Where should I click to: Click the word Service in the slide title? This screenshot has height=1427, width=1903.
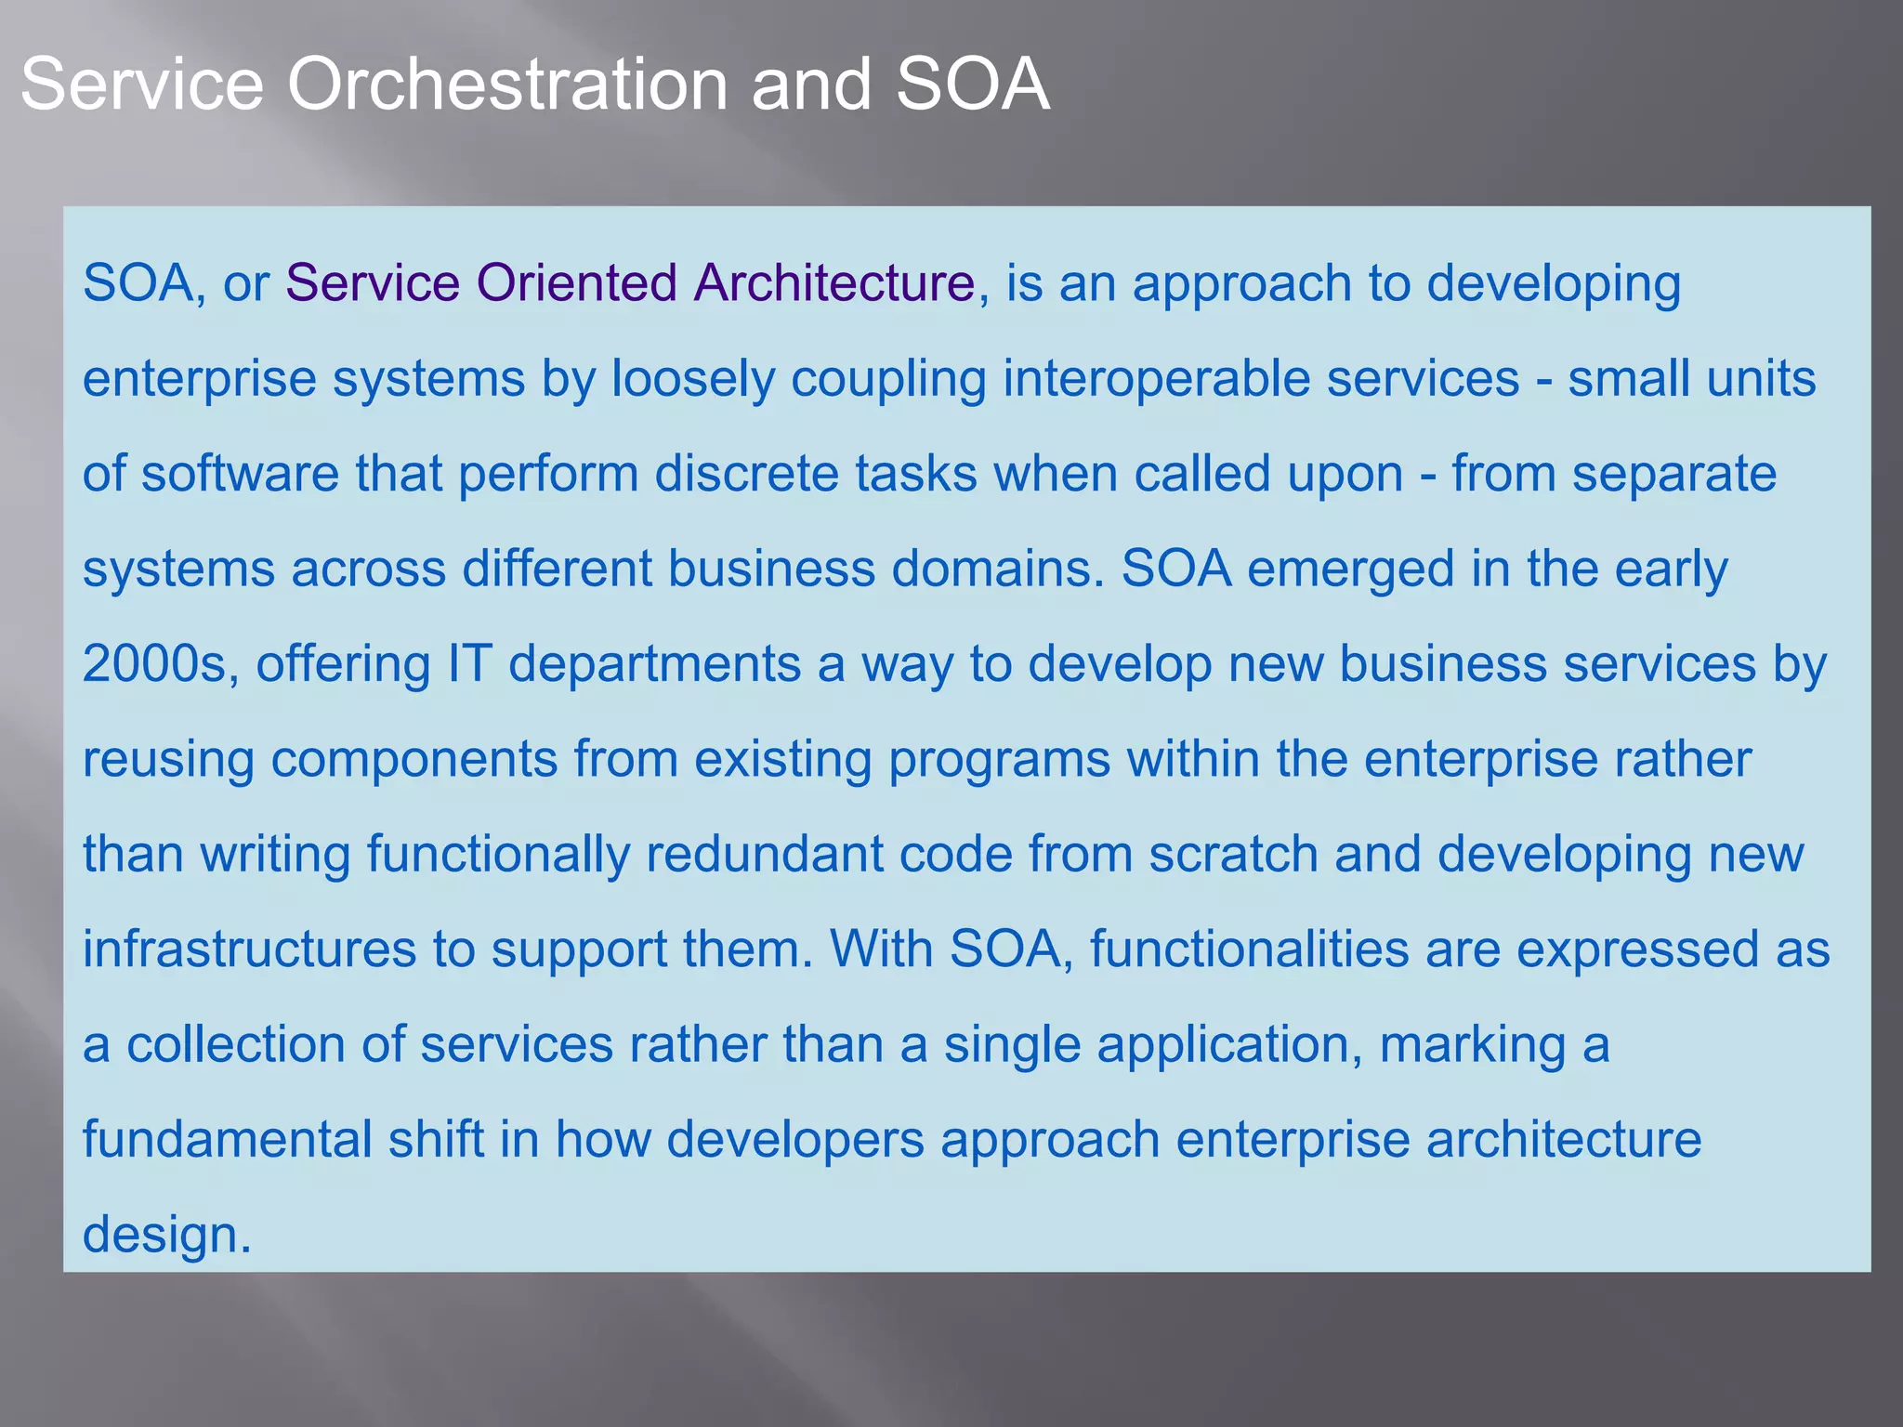(x=142, y=85)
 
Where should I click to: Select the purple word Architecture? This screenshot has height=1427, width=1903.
(x=834, y=282)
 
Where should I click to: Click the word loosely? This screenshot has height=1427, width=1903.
(x=692, y=380)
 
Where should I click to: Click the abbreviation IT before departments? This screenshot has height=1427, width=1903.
(x=469, y=664)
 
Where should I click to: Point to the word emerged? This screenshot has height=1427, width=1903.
(x=1350, y=570)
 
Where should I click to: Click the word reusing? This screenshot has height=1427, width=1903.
(x=167, y=761)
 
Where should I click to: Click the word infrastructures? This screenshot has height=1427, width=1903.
(x=249, y=949)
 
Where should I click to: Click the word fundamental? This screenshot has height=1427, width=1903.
(x=227, y=1140)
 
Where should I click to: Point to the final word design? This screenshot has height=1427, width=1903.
(x=166, y=1237)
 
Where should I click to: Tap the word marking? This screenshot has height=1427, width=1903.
(x=1472, y=1046)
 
